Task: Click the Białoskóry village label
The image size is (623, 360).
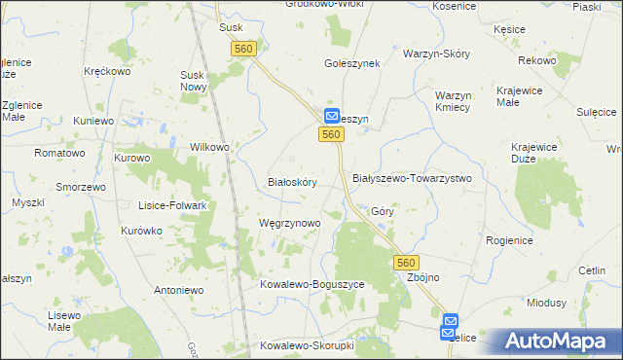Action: click(x=292, y=182)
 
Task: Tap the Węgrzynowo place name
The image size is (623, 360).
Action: click(x=290, y=223)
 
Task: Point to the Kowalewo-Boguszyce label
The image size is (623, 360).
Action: click(x=311, y=284)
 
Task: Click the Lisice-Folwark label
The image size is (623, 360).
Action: click(x=176, y=206)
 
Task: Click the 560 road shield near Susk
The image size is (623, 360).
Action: click(x=244, y=48)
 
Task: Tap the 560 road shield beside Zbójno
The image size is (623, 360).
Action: click(x=407, y=263)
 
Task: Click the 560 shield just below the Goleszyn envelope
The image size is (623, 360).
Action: click(x=331, y=135)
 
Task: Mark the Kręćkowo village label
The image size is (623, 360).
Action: click(x=107, y=72)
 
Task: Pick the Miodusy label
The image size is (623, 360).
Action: click(x=547, y=303)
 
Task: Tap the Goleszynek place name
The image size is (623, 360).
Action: click(x=351, y=63)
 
